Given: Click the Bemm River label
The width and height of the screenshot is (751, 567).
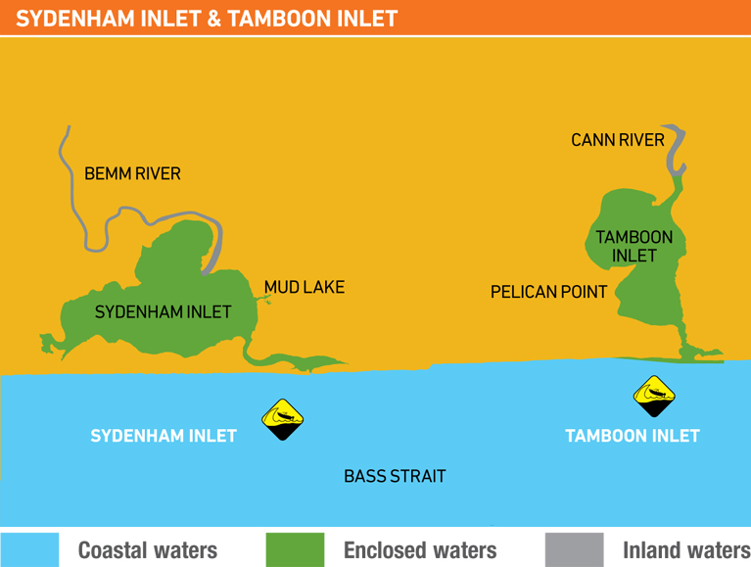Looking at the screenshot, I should pos(132,173).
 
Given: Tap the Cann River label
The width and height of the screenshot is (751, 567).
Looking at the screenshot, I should pos(618,140).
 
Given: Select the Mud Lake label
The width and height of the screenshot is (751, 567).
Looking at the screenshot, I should pos(305,288).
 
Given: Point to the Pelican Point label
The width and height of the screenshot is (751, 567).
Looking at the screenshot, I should pos(548,292).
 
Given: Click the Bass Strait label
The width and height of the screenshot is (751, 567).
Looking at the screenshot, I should pos(395,476).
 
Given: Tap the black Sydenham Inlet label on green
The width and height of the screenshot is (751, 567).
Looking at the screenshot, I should pos(163,312).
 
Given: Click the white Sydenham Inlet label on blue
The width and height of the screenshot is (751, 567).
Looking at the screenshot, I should pos(164,436).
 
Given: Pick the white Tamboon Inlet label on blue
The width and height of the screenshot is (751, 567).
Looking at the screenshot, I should pos(633,436).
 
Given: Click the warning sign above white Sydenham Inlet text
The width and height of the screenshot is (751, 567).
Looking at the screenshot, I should pos(283,419).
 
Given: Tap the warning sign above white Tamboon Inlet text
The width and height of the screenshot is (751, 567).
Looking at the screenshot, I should pos(654,396).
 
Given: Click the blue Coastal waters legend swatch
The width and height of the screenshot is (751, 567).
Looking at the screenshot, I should pos(29,549).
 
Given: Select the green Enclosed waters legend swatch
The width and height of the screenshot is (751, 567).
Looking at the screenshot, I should pos(295,549).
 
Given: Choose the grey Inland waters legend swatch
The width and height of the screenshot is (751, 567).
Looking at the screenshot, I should pos(574,549).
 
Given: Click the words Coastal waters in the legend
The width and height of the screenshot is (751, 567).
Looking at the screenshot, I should pos(148,550).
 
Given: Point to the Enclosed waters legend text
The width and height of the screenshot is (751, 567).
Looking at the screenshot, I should pos(420,550).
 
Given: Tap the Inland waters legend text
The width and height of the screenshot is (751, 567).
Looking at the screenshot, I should pos(685,550).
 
